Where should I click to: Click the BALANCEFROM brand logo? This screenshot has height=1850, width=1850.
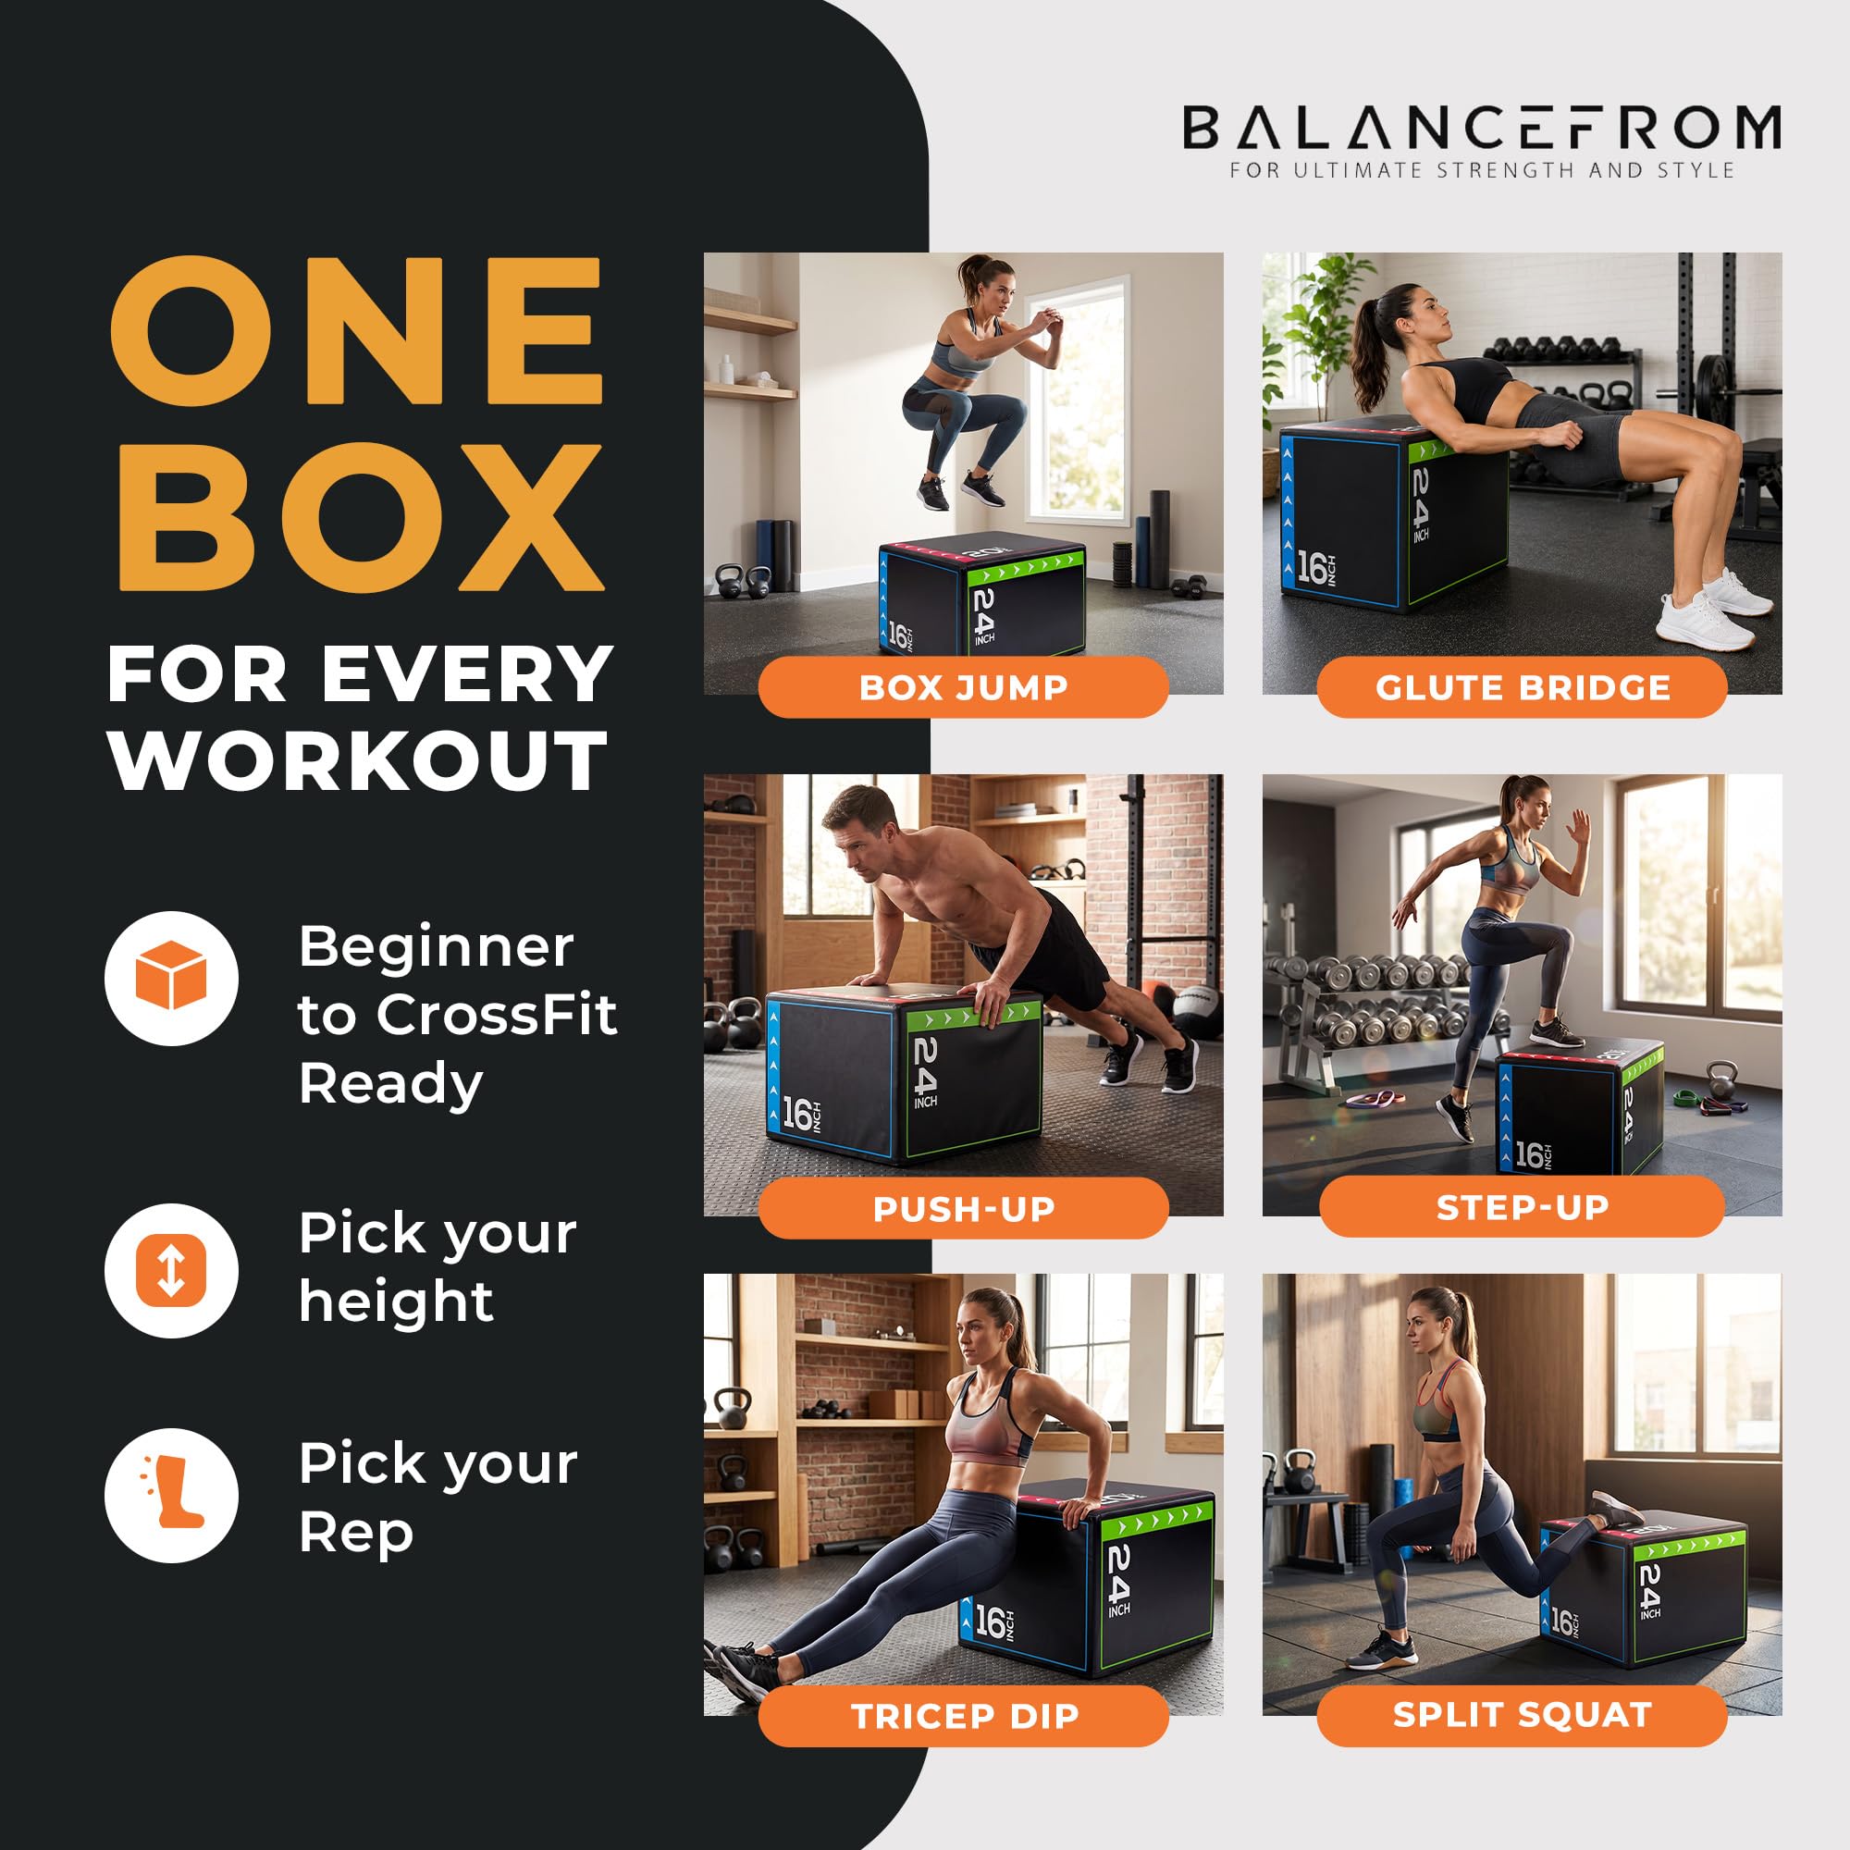pos(1481,129)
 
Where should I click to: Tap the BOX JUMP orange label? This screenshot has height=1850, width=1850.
pos(963,686)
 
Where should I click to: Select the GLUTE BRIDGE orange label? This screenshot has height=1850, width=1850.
pos(1522,686)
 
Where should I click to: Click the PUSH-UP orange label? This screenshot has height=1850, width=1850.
pos(963,1208)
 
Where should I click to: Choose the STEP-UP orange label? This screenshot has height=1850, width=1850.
pos(1522,1207)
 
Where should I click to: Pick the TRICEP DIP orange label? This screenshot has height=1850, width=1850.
pos(963,1716)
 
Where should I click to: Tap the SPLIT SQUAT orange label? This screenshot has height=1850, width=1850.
pos(1522,1715)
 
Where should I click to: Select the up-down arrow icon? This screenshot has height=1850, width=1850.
pos(171,1270)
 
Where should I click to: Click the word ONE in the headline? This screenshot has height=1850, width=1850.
pos(357,330)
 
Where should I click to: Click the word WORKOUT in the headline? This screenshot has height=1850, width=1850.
pos(359,761)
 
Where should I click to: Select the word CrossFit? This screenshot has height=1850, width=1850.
pos(496,1014)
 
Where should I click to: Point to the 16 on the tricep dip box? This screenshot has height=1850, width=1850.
pos(990,1622)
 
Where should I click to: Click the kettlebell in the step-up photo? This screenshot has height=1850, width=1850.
pos(1720,1082)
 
